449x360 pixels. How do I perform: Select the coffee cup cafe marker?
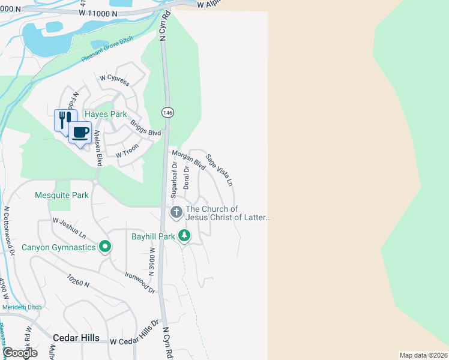coord(80,132)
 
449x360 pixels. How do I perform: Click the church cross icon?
coord(176,212)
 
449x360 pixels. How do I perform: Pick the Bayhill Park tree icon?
coord(185,236)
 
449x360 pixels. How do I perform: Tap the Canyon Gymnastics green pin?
coord(105,247)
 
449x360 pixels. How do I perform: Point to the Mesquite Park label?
coord(62,195)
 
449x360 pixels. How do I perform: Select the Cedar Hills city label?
coord(76,338)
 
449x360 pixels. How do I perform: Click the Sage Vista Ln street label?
coord(219,170)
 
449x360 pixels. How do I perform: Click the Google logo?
coord(20,353)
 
